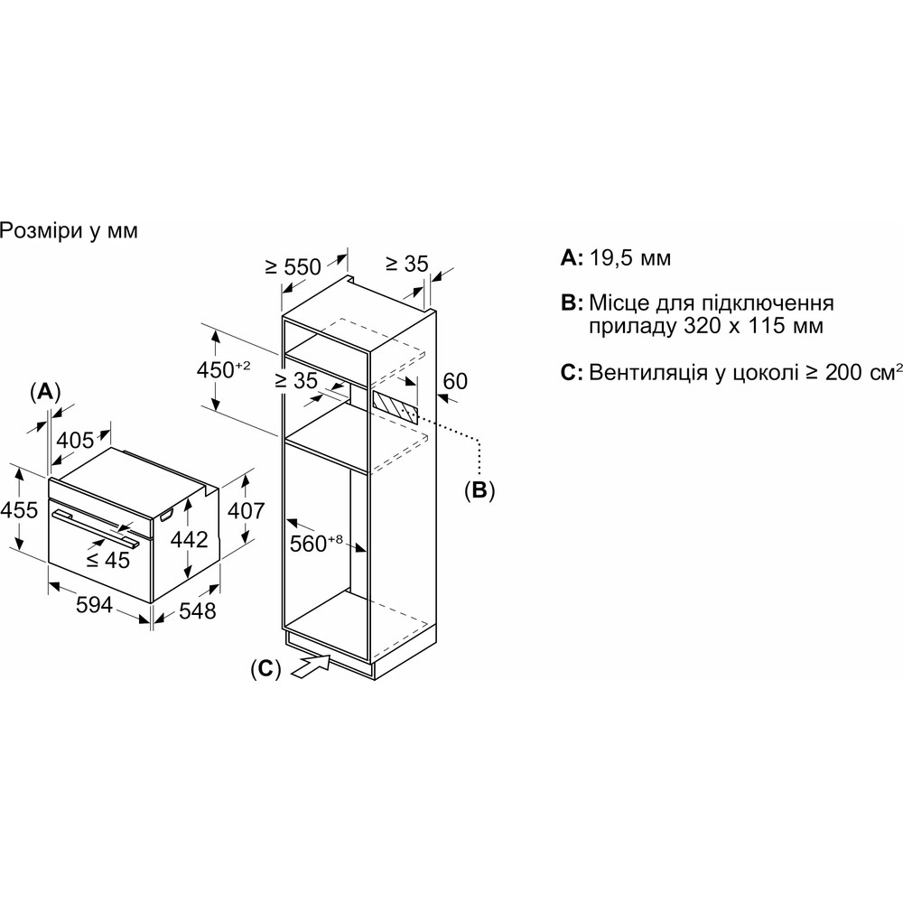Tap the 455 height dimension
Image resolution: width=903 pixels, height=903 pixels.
19,510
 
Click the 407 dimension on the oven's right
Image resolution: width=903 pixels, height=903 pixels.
245,510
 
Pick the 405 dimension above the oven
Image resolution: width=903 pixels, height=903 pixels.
75,441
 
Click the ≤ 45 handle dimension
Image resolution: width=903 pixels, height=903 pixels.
107,559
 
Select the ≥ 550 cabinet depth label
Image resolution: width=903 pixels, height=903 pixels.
293,266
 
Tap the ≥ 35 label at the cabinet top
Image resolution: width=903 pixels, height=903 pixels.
405,265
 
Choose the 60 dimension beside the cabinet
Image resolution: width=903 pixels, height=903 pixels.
455,381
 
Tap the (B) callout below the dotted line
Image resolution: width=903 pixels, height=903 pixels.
480,490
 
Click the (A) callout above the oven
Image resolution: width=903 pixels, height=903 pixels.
44,392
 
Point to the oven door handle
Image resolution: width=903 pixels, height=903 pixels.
96,525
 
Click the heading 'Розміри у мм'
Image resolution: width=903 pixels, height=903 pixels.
70,232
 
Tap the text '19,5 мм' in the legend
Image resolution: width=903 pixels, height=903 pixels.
630,258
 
